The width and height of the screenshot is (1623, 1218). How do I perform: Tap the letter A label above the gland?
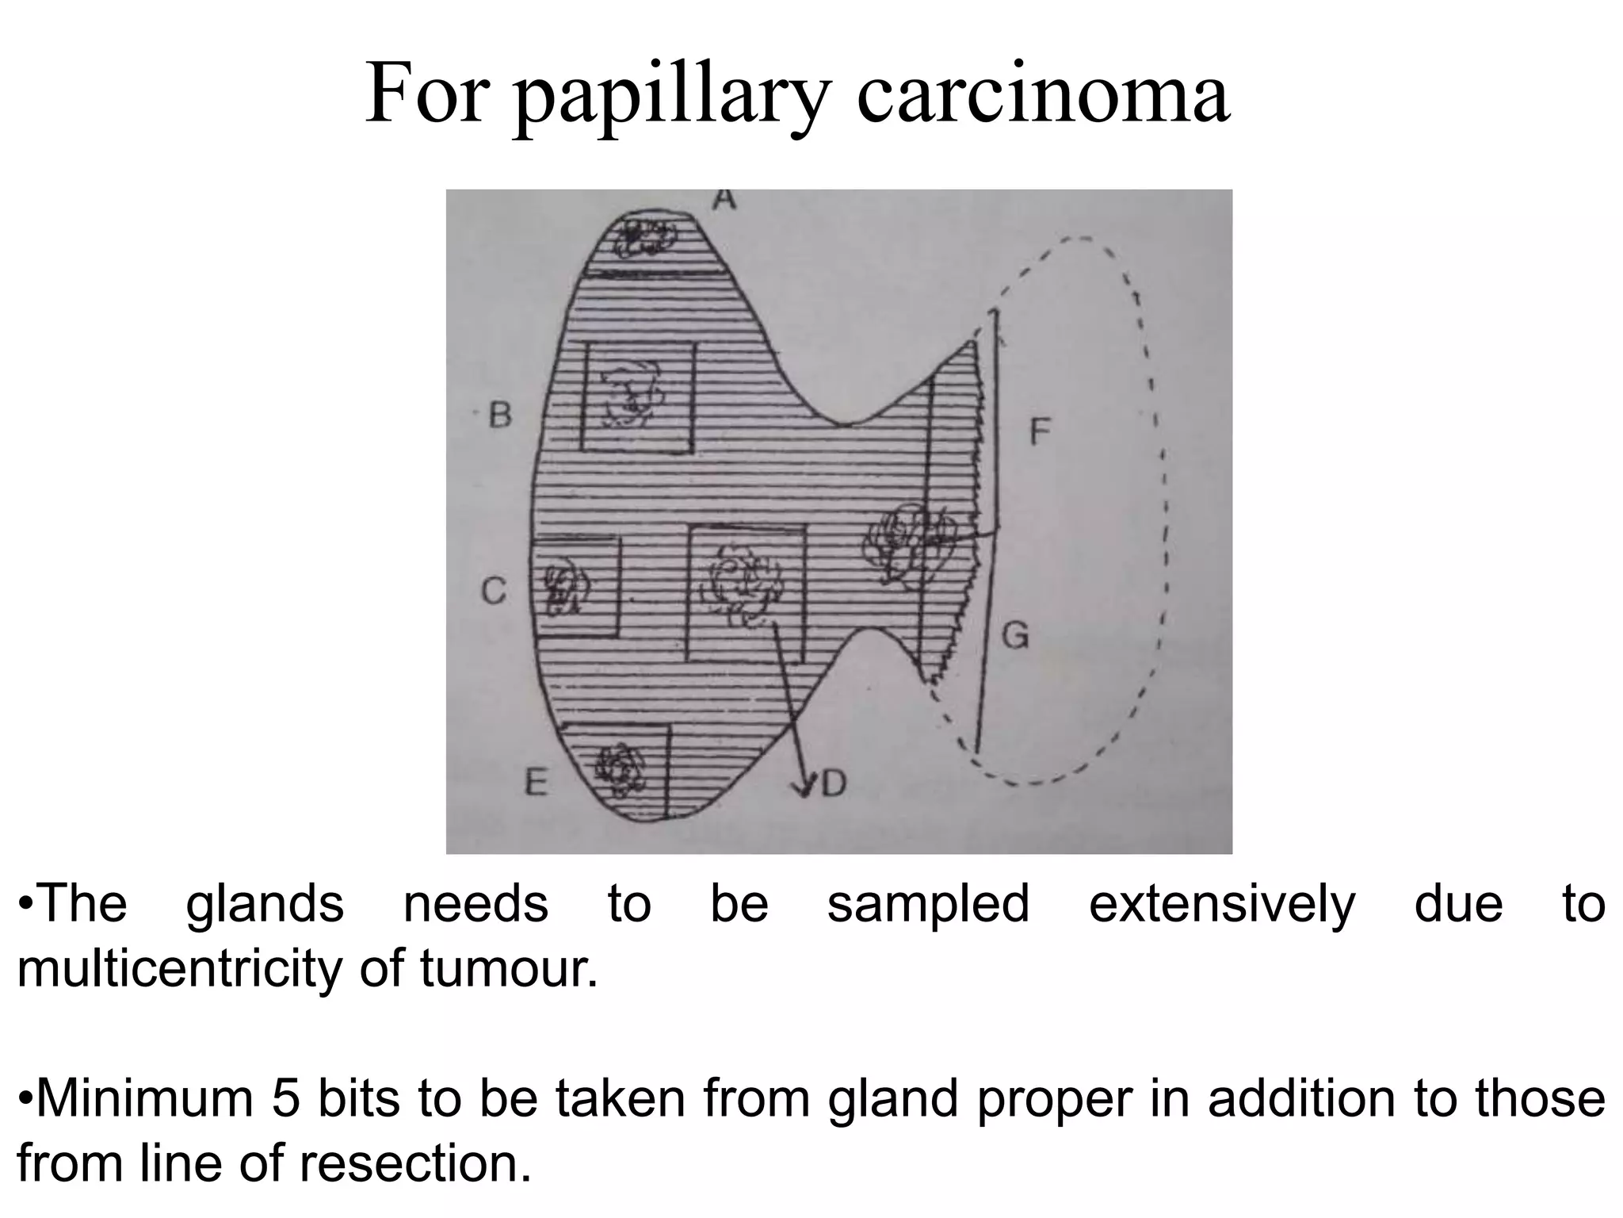[x=723, y=199]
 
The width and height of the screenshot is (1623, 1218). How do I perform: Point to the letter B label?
[x=500, y=415]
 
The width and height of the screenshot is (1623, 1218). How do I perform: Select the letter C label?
[x=493, y=591]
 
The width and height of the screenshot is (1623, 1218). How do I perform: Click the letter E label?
[x=537, y=783]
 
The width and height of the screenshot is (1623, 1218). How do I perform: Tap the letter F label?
[x=1039, y=433]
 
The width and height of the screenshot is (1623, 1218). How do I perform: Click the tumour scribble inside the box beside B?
[x=632, y=392]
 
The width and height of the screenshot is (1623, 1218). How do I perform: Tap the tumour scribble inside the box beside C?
[x=564, y=588]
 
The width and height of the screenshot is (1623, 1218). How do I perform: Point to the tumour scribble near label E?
[x=620, y=765]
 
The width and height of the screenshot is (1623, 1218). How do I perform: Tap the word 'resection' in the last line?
[x=414, y=1163]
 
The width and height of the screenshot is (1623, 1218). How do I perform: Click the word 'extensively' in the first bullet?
[x=1222, y=904]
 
